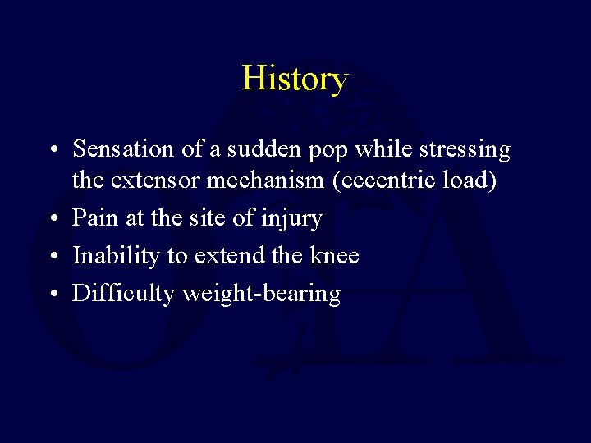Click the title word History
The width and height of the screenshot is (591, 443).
click(295, 79)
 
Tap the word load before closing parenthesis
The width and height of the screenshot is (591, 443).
click(470, 180)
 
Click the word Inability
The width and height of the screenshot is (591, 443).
click(117, 256)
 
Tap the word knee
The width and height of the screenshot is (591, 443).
click(332, 256)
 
